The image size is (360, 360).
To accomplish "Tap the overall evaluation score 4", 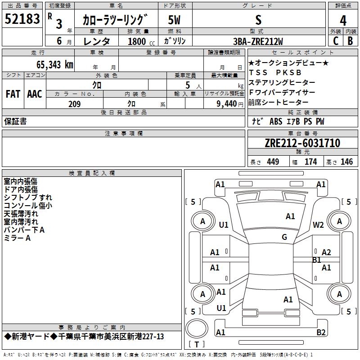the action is point(343,20).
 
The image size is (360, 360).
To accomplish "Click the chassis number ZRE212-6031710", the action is point(302,143).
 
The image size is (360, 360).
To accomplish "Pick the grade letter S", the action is point(258,20).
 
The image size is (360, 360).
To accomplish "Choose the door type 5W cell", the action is point(175,20).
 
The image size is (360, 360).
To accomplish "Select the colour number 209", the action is point(74,104).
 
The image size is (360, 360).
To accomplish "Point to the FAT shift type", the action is point(13,94).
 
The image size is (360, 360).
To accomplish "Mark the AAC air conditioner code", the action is point(34,94).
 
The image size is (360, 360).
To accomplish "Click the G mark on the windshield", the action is point(284,237).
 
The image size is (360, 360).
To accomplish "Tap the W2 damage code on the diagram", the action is point(318,225).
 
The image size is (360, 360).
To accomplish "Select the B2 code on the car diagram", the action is point(321,333).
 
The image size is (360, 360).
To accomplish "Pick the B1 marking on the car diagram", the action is point(316,260).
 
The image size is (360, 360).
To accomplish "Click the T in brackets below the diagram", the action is point(197,344).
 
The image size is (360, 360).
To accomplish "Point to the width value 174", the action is point(310,162).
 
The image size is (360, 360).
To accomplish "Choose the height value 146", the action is point(346,162).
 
